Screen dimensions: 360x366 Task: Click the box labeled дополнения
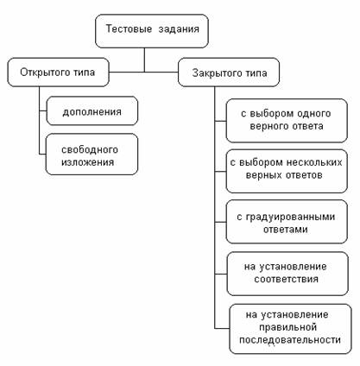(92, 110)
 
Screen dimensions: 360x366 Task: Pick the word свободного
(90, 149)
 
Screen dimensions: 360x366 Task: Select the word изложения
(88, 162)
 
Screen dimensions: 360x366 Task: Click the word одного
(314, 114)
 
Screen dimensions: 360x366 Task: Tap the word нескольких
(314, 162)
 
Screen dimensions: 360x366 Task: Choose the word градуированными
(290, 217)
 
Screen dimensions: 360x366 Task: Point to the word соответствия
(286, 279)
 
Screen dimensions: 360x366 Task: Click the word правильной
(287, 327)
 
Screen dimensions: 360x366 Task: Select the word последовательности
(290, 340)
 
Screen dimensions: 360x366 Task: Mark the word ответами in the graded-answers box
(286, 230)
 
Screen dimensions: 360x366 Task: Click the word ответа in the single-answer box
(306, 126)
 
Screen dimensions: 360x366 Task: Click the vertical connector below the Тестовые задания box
(144, 60)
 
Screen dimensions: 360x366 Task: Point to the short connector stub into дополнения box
(43, 110)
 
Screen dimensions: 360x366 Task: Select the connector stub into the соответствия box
(221, 274)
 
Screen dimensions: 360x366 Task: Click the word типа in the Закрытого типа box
(256, 73)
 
